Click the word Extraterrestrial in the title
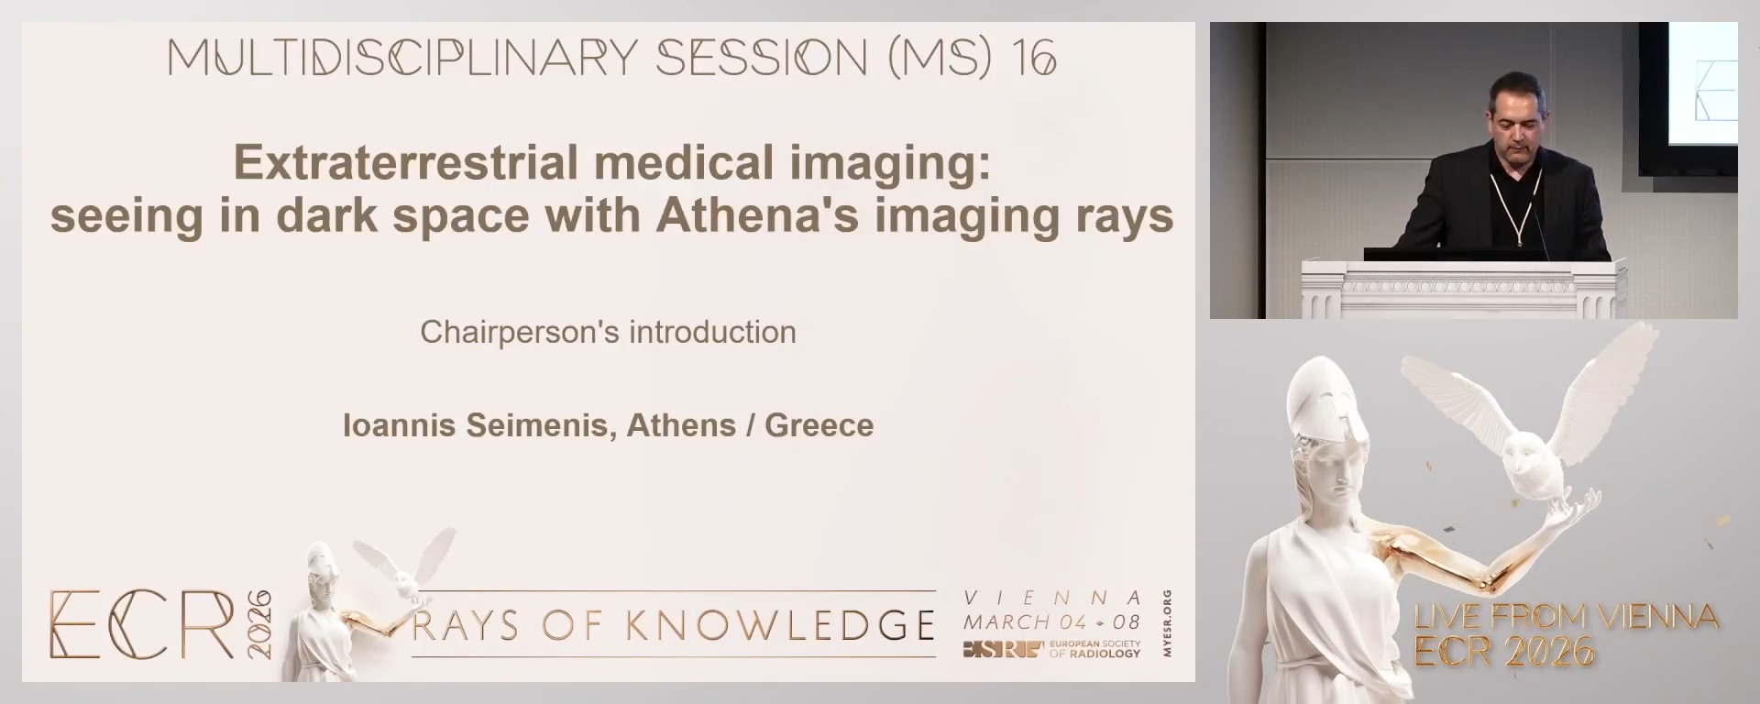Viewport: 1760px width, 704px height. (x=406, y=163)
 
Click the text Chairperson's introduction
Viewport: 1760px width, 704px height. (x=608, y=332)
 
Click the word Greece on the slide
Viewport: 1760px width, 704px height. (x=819, y=425)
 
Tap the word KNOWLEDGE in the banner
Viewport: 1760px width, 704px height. (x=781, y=625)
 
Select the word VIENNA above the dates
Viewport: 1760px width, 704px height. (x=1053, y=598)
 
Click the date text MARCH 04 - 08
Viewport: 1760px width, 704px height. (x=1051, y=622)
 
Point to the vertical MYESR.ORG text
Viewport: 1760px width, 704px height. (x=1167, y=623)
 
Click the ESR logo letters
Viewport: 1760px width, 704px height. (x=1003, y=650)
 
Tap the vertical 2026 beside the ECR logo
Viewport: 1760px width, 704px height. (x=258, y=624)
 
